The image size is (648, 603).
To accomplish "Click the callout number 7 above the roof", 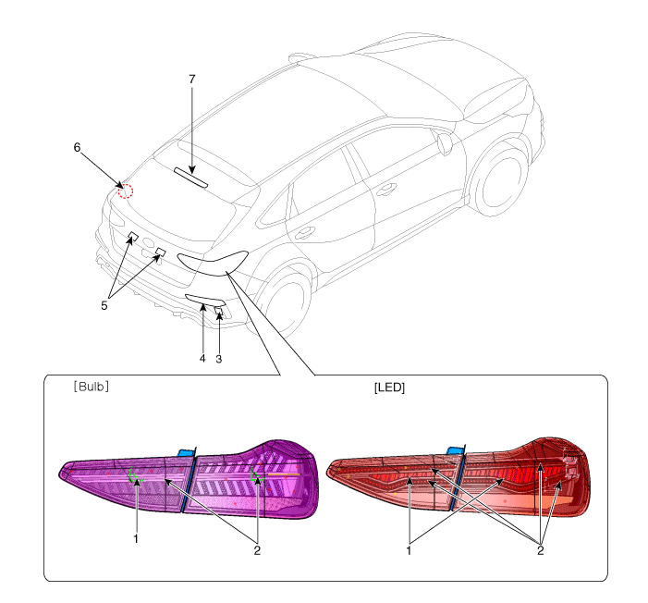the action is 191,79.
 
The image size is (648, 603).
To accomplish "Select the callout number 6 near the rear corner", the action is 77,147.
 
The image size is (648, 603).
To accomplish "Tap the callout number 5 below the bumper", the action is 104,305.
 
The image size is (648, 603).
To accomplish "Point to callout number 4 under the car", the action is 202,358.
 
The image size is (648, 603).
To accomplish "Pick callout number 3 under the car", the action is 218,359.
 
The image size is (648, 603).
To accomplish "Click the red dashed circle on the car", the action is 126,191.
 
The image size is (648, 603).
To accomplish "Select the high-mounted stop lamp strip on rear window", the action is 190,178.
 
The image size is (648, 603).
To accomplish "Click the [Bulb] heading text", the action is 92,387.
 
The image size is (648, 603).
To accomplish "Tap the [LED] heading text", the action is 389,388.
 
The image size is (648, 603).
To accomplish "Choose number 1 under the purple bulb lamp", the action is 136,539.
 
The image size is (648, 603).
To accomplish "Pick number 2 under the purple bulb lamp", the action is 257,550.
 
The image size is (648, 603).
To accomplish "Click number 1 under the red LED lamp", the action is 409,550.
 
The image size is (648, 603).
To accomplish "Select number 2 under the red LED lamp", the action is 540,550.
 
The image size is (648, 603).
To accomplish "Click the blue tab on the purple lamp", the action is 186,452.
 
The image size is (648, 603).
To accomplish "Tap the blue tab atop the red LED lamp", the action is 455,450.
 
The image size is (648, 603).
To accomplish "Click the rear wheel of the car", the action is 284,301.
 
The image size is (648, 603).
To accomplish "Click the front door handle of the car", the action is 386,191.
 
